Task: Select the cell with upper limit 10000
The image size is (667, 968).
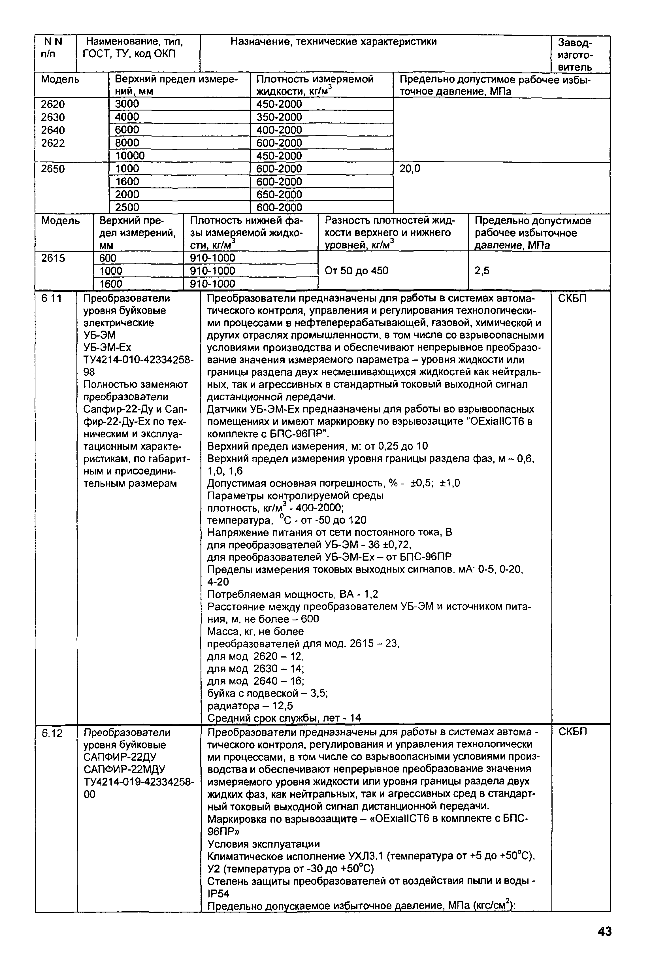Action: pos(130,156)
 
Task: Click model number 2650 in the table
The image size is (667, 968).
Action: pos(53,169)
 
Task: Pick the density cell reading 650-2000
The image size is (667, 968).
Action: pos(279,194)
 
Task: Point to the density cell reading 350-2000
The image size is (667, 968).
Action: pos(279,117)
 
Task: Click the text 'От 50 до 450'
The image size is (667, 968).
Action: pos(357,271)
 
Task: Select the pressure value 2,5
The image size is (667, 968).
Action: pos(482,271)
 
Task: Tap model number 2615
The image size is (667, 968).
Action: pos(53,258)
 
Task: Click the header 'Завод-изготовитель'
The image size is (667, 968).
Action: pos(576,54)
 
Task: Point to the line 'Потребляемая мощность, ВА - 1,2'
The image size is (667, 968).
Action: pos(293,594)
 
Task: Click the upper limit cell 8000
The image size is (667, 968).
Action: pos(127,142)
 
